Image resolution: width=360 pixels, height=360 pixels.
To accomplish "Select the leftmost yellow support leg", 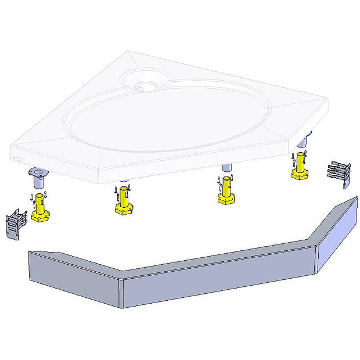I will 41,208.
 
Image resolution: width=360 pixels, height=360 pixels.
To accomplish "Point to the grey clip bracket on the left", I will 17,224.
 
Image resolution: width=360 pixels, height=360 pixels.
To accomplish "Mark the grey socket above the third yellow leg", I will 226,169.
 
